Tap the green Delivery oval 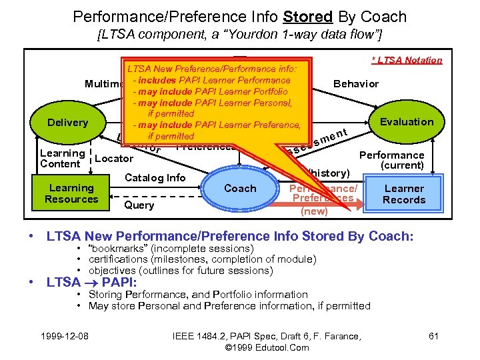pos(67,123)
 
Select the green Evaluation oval pos(406,121)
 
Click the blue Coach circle pos(240,188)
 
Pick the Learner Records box pos(404,194)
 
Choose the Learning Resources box pos(71,193)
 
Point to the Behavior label pos(355,83)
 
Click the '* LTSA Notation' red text pos(407,60)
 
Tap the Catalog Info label pos(155,177)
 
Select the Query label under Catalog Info pos(139,205)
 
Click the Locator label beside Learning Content pos(114,159)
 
